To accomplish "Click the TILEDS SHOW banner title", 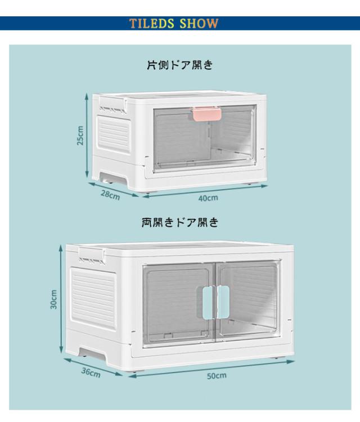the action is pos(174,24).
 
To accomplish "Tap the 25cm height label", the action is pos(80,136).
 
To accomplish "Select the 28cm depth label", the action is pos(110,194).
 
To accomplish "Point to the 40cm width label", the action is pos(208,198).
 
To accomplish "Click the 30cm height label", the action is pos(54,299).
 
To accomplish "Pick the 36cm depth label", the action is pos(91,372).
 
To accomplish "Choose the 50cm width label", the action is pos(217,376).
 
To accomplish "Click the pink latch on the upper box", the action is pos(207,114).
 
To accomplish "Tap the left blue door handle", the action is pos(208,303).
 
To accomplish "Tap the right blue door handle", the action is pos(223,302).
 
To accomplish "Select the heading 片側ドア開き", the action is pos(180,65).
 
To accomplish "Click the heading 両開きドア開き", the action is pos(180,222).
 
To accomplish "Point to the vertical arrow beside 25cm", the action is pos(87,136).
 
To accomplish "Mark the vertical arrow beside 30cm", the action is pos(61,299).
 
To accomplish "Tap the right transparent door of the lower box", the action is pos(248,302).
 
